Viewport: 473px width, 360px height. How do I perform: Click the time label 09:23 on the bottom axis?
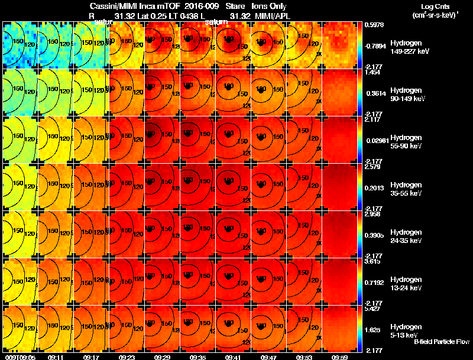(x=127, y=357)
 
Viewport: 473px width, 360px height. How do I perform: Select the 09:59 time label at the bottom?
(x=339, y=357)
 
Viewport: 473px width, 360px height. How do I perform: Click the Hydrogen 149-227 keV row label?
(x=409, y=47)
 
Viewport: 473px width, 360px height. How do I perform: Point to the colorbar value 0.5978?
(x=375, y=24)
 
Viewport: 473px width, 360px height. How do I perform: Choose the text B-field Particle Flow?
(x=442, y=342)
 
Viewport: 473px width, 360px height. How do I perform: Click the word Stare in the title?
(x=235, y=6)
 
